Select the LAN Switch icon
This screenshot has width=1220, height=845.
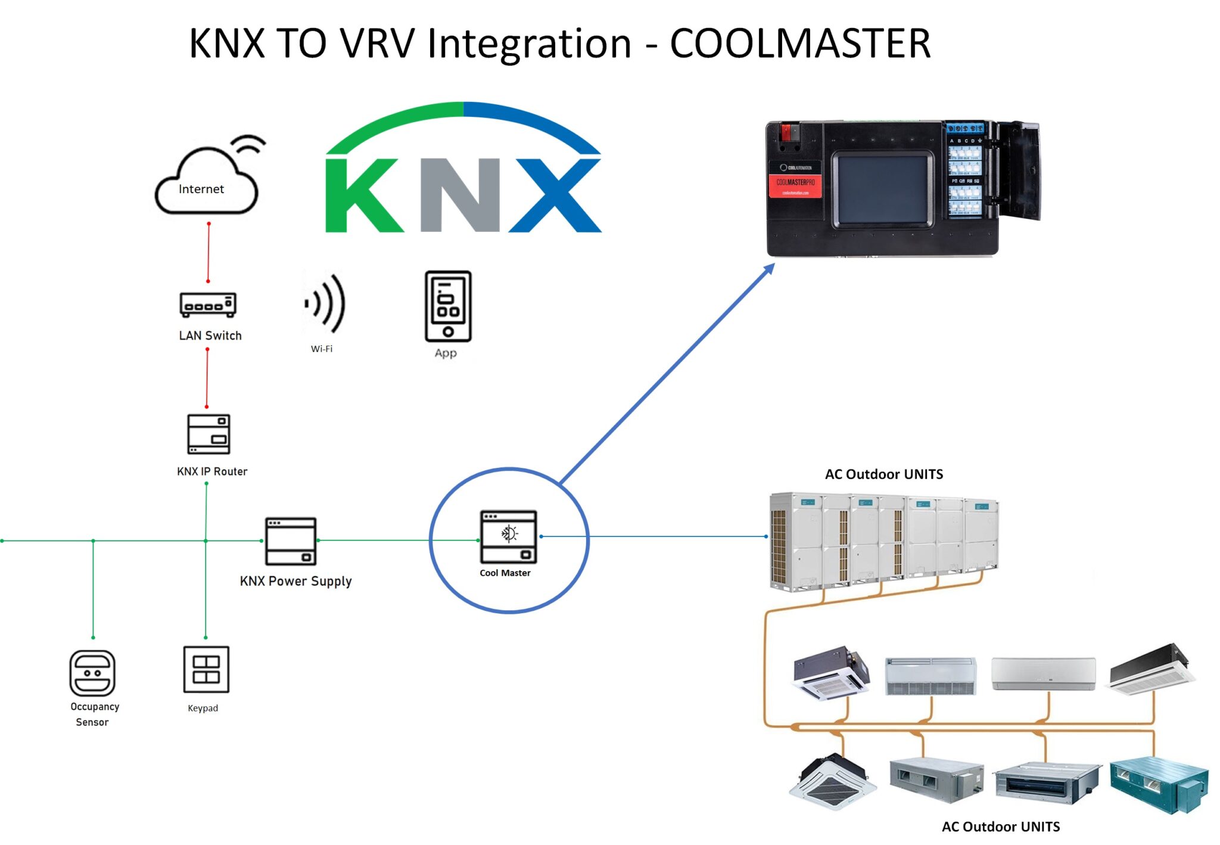[208, 305]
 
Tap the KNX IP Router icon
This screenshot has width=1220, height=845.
[208, 434]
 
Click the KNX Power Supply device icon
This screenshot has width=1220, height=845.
[291, 541]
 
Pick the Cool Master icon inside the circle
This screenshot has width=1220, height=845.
[508, 536]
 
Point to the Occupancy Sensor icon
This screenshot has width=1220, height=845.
[92, 673]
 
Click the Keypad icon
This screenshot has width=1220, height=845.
[206, 669]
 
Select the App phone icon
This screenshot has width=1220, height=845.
[448, 306]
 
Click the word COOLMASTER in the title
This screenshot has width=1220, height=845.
[799, 44]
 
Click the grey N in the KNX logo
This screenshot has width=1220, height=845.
[460, 195]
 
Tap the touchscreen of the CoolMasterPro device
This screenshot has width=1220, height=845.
[882, 189]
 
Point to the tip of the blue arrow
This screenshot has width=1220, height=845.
[773, 266]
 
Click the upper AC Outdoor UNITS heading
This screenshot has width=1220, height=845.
[883, 474]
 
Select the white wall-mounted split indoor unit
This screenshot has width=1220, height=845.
[1043, 673]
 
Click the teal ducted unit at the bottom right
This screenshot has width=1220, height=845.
[1159, 783]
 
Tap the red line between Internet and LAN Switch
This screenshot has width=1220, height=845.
[208, 252]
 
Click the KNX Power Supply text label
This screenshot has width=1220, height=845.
[295, 581]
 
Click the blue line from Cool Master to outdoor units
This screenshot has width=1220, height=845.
[655, 536]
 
